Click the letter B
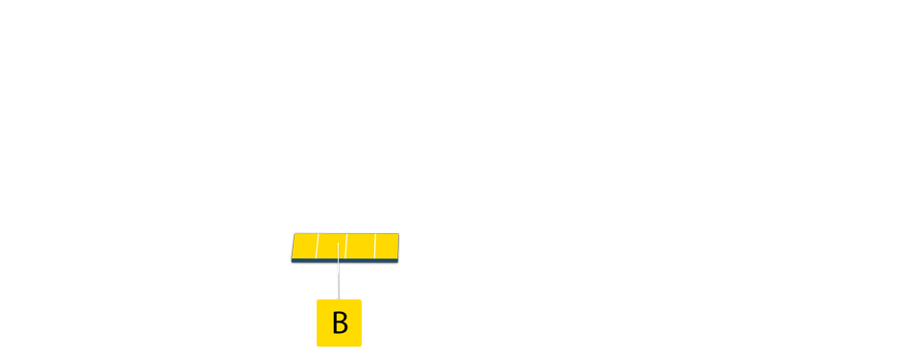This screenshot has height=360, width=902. pos(340,324)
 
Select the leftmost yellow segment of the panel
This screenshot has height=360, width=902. pos(304,246)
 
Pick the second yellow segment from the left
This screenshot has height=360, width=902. pos(331,246)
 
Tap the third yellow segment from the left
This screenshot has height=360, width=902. pos(360,246)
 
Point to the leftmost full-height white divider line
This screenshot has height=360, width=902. pos(317,246)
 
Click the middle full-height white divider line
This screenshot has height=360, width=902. pos(345,246)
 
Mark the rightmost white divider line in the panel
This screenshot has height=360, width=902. pos(374,246)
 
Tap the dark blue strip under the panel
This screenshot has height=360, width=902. pos(345,261)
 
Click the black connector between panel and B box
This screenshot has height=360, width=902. pos(338,281)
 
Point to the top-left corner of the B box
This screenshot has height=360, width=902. pos(318,300)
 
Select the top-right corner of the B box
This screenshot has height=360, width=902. pos(361,300)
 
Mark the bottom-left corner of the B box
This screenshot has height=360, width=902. pos(318,346)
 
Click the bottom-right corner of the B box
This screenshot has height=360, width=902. pos(361,346)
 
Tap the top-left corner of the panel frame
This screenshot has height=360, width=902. pos(290,231)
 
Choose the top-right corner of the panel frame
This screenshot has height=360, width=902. pos(400,231)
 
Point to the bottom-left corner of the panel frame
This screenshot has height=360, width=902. pos(290,265)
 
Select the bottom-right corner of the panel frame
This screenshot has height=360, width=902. pos(400,265)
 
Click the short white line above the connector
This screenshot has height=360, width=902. pos(338,252)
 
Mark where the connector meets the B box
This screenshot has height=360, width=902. pos(338,299)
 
